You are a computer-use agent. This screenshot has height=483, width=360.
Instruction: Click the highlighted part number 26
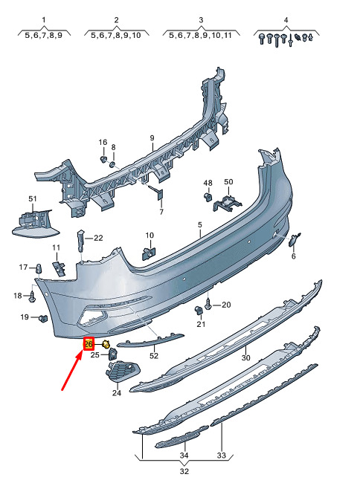pyautogui.click(x=89, y=344)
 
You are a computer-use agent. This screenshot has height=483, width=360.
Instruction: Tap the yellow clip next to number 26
pyautogui.click(x=106, y=344)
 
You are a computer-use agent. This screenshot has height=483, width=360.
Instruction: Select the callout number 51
pyautogui.click(x=33, y=199)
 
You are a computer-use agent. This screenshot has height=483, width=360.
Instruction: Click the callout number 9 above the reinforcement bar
pyautogui.click(x=152, y=138)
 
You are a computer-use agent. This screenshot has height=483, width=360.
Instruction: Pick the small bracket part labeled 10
pyautogui.click(x=148, y=254)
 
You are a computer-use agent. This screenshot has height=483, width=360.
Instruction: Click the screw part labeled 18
pyautogui.click(x=32, y=297)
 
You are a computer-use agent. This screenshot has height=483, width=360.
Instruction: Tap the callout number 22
pyautogui.click(x=98, y=238)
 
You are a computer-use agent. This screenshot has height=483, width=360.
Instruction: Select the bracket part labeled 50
pyautogui.click(x=227, y=203)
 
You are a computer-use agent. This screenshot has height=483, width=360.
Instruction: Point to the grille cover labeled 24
pyautogui.click(x=122, y=372)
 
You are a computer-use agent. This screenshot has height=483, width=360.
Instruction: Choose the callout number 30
pyautogui.click(x=245, y=357)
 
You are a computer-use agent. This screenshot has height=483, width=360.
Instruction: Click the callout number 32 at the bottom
pyautogui.click(x=184, y=471)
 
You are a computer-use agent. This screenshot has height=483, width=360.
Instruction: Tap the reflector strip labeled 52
pyautogui.click(x=150, y=340)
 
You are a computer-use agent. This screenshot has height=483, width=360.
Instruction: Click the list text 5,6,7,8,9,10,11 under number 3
pyautogui.click(x=200, y=36)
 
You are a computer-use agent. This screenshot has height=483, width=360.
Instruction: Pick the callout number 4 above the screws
pyautogui.click(x=286, y=20)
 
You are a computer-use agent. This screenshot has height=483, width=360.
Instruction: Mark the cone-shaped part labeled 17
pyautogui.click(x=39, y=268)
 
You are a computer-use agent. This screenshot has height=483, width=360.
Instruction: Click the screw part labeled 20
pyautogui.click(x=209, y=305)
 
